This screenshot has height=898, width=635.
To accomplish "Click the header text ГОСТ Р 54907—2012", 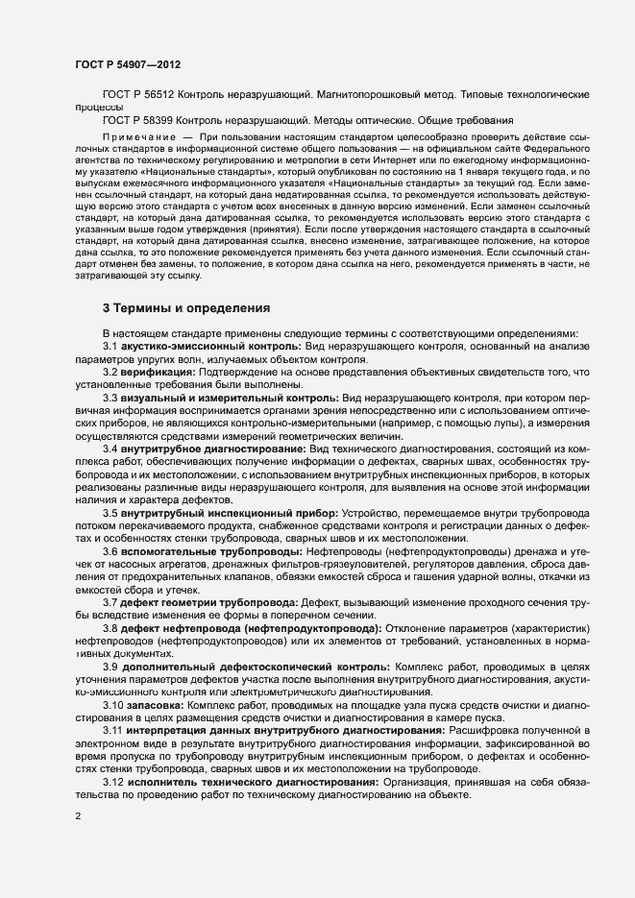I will (x=127, y=64).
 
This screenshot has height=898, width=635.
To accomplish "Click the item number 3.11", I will (x=112, y=729).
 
